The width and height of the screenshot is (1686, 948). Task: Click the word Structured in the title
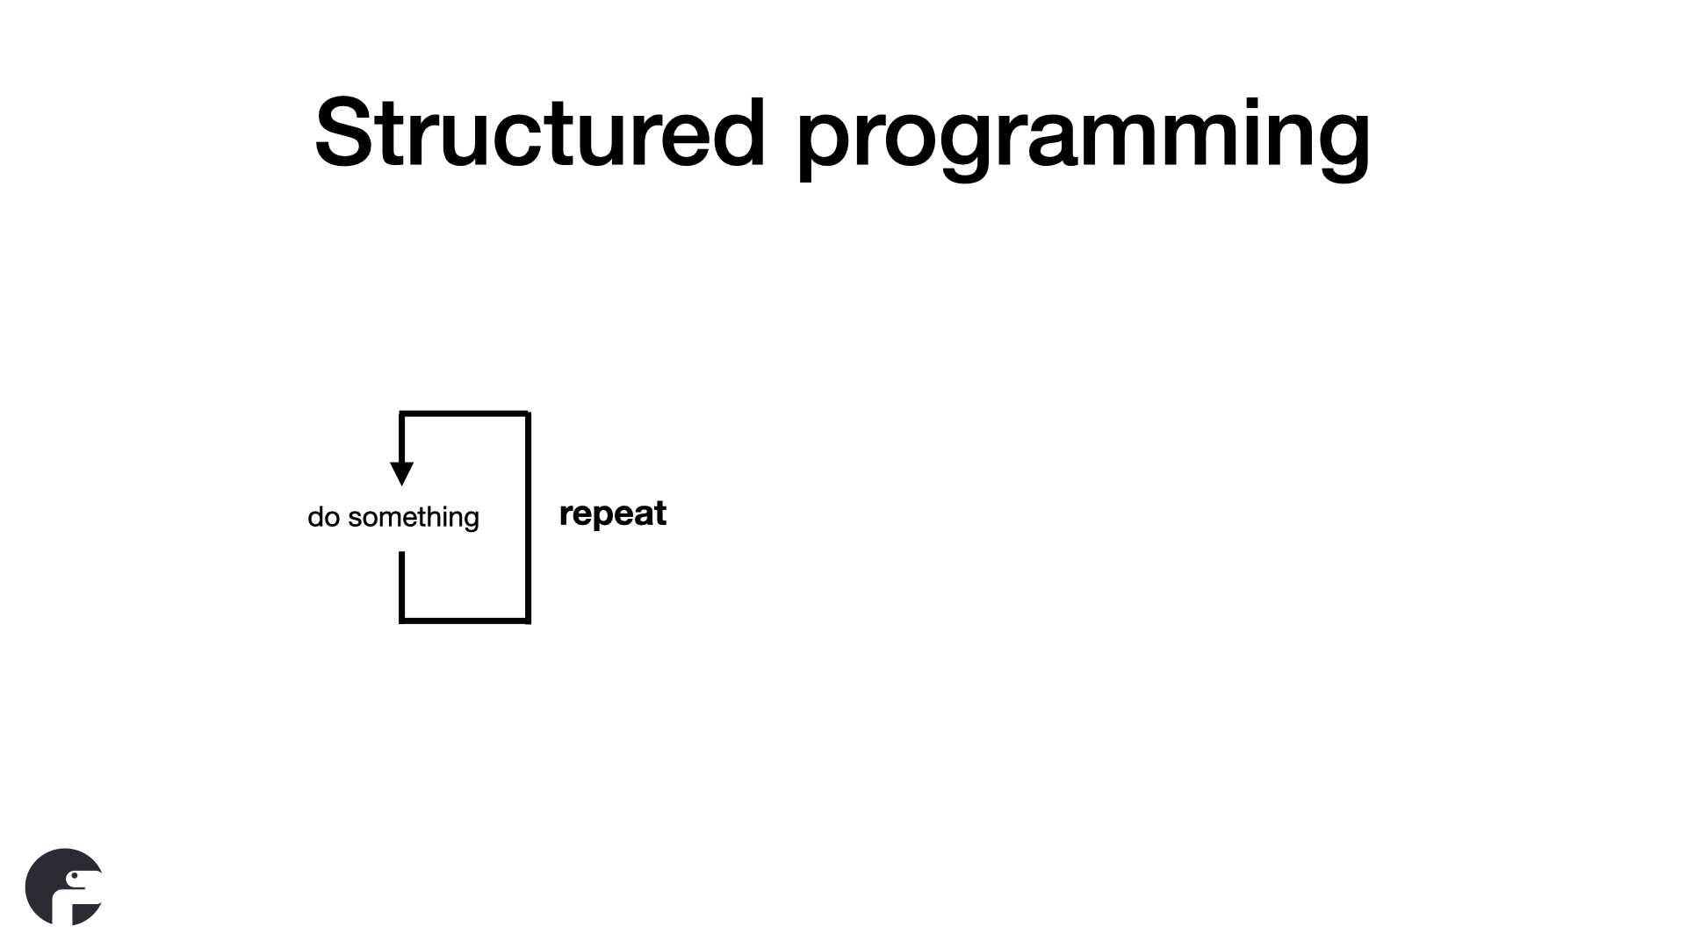click(x=540, y=133)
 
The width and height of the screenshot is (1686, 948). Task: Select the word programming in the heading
click(x=1084, y=139)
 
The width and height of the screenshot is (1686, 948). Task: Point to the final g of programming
click(x=1341, y=147)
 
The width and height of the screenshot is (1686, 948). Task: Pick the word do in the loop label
click(x=323, y=517)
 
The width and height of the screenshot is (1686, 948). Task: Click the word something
click(x=414, y=518)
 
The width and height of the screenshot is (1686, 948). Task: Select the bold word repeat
click(x=613, y=514)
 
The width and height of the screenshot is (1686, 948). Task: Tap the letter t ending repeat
click(x=659, y=513)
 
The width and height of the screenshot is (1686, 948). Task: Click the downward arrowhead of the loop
click(x=401, y=473)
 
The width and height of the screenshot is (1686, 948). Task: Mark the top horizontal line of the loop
click(x=465, y=413)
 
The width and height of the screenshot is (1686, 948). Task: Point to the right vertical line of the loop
click(x=528, y=517)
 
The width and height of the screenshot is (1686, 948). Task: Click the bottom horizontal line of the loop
click(x=465, y=621)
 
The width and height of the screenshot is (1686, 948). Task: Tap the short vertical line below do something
click(x=401, y=586)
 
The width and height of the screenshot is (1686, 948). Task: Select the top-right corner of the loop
click(x=529, y=413)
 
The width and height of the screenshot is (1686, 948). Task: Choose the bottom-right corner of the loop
click(x=529, y=621)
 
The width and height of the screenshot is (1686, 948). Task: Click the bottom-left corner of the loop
click(x=401, y=621)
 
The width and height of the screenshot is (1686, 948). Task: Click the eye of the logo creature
click(x=72, y=876)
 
